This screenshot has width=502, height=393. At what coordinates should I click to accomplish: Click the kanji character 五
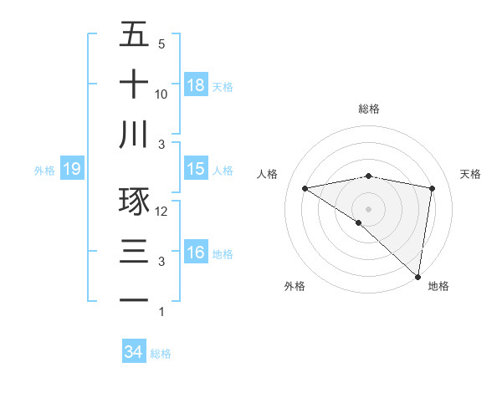pyautogui.click(x=134, y=35)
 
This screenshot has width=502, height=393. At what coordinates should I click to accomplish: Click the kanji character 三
pyautogui.click(x=134, y=251)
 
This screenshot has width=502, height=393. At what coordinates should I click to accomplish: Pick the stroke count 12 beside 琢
pyautogui.click(x=162, y=212)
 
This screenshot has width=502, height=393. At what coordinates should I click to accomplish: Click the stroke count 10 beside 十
pyautogui.click(x=161, y=94)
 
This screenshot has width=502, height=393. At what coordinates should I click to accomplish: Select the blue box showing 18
pyautogui.click(x=196, y=84)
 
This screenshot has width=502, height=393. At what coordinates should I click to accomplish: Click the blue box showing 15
pyautogui.click(x=196, y=169)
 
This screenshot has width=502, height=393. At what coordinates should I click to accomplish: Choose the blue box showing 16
pyautogui.click(x=196, y=252)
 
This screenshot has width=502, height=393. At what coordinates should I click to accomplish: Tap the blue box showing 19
pyautogui.click(x=72, y=170)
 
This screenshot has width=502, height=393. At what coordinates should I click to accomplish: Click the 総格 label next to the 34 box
pyautogui.click(x=161, y=354)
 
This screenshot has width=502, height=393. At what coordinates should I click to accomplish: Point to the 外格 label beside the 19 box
pyautogui.click(x=44, y=171)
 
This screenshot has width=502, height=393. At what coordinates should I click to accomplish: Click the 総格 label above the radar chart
pyautogui.click(x=369, y=109)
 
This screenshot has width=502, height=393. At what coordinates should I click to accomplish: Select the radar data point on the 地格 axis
pyautogui.click(x=417, y=275)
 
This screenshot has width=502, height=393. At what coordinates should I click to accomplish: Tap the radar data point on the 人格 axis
pyautogui.click(x=305, y=188)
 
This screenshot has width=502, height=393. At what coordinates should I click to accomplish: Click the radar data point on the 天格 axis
pyautogui.click(x=433, y=188)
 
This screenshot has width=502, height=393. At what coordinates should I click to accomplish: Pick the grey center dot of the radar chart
pyautogui.click(x=369, y=208)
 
